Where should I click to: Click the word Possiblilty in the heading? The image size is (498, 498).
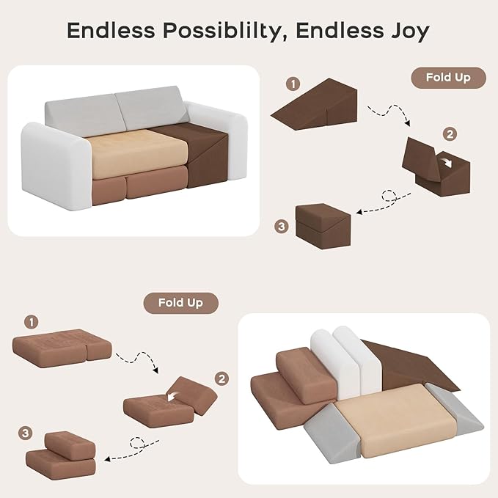(x=222, y=31)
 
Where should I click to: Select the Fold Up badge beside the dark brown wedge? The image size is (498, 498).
(x=448, y=77)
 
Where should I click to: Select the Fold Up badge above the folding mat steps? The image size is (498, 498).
(x=180, y=303)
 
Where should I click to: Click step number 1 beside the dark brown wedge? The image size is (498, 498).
(x=293, y=84)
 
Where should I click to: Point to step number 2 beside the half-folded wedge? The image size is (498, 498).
(x=450, y=134)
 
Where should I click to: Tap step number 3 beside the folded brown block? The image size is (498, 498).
(x=282, y=227)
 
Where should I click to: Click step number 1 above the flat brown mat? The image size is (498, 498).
(x=31, y=323)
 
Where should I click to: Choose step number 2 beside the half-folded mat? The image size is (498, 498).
(x=221, y=378)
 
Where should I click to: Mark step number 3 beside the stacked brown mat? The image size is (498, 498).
(x=26, y=433)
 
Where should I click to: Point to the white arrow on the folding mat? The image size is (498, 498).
(x=172, y=396)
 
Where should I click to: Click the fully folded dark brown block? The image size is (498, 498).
(x=323, y=225)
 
